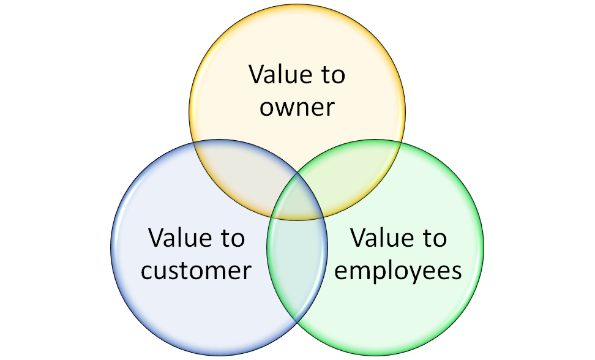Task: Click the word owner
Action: (x=297, y=107)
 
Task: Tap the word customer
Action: (x=196, y=270)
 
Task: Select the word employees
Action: (x=398, y=270)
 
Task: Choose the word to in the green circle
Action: (x=434, y=238)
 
